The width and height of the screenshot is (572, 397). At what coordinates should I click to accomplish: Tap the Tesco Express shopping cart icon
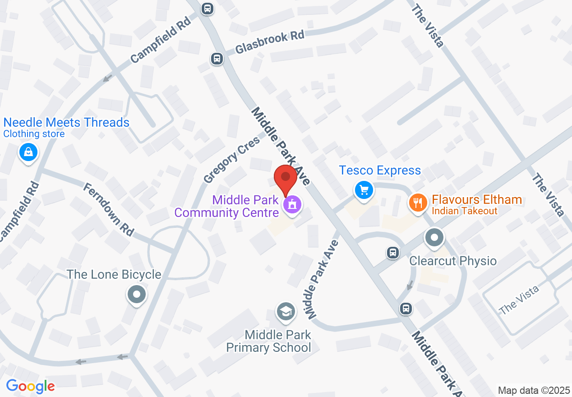364,189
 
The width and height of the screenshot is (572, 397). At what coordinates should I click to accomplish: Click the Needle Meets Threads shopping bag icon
28,152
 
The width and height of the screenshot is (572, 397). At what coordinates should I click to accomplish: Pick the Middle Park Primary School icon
286,311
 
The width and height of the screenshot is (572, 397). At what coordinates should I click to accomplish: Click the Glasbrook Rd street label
270,43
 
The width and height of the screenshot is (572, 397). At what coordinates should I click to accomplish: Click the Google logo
31,386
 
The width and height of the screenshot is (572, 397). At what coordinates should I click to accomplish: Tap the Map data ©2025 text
534,390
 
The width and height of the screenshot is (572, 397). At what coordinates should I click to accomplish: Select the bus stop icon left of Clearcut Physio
393,252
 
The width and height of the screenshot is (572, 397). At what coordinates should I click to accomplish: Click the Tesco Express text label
380,170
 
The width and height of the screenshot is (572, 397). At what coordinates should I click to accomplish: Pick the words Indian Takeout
464,211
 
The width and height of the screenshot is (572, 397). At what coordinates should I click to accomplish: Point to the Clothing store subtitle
34,134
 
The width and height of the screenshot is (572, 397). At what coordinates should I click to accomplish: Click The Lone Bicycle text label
114,274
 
